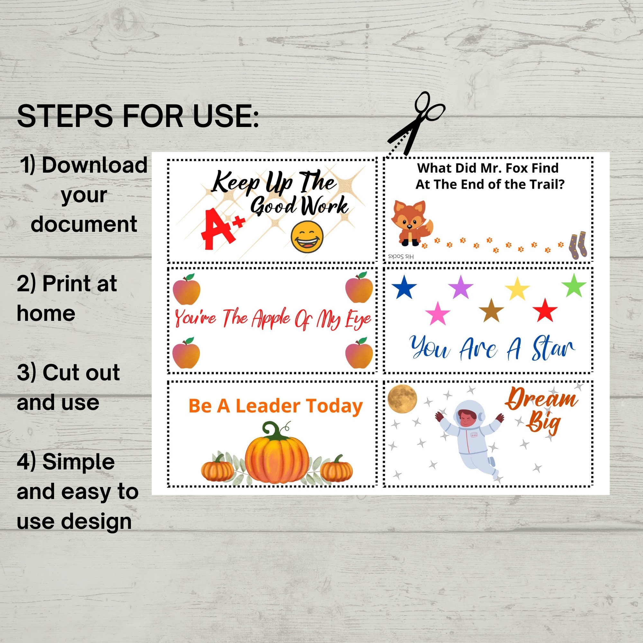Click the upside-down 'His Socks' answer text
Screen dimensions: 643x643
401,257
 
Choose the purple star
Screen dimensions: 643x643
461,287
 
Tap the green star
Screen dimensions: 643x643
574,285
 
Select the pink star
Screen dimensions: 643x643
438,313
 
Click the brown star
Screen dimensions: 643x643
491,311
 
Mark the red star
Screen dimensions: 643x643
545,310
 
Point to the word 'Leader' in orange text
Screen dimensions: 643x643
258,406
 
